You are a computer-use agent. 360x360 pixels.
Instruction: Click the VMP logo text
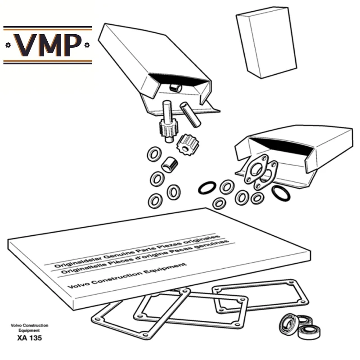pos(48,45)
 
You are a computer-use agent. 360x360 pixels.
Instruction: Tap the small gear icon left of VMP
pos(8,45)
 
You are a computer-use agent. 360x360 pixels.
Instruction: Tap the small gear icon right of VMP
pos(87,45)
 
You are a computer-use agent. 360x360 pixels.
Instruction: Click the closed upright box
pos(266,42)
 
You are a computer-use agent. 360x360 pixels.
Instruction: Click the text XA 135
pos(30,338)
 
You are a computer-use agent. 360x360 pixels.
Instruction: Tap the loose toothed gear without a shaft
pos(188,145)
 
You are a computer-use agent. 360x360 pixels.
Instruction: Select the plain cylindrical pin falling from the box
pos(190,115)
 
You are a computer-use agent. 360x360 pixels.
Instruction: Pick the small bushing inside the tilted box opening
pos(175,88)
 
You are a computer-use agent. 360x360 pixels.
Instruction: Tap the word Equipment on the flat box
pos(165,269)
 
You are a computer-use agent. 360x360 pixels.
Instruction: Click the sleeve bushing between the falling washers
pos(170,165)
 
